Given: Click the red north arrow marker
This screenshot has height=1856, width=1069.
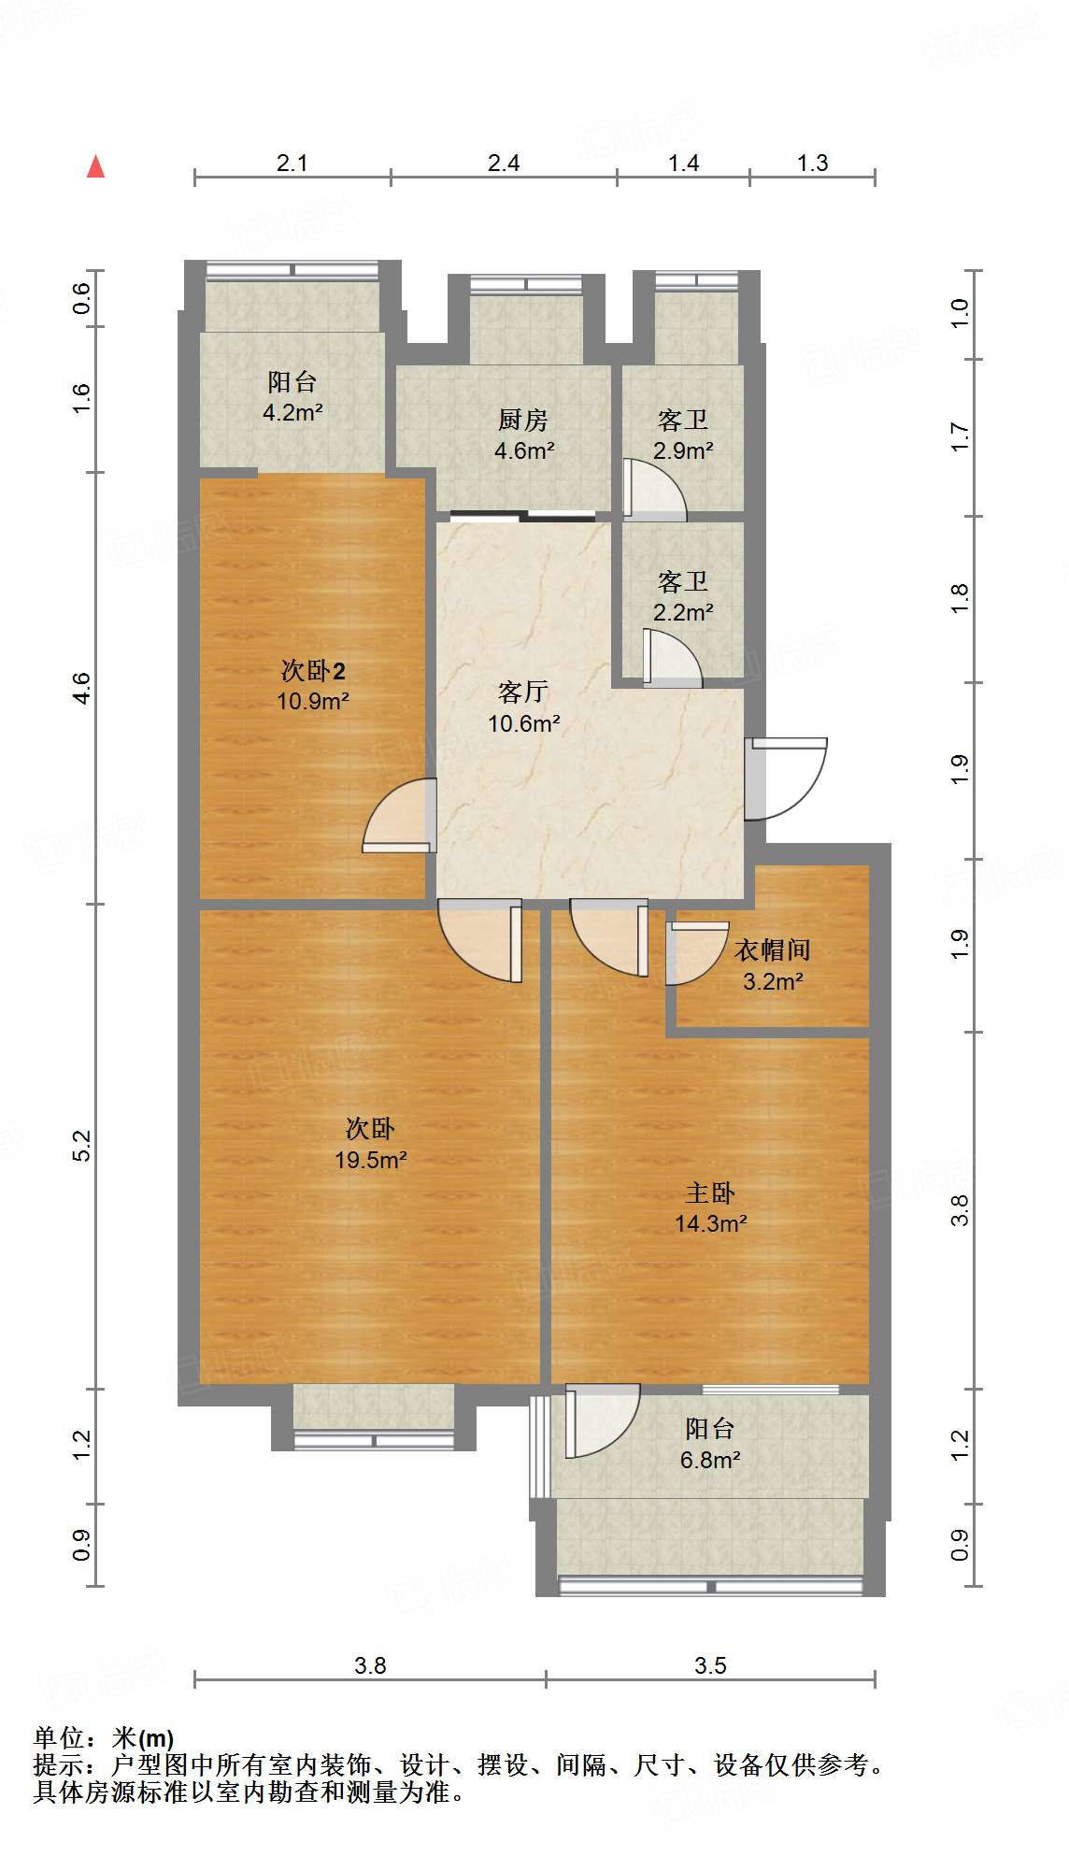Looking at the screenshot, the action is tap(95, 166).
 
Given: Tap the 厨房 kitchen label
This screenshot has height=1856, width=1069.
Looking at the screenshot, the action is tap(523, 420).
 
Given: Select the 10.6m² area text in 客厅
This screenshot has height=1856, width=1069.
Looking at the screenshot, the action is tap(524, 723).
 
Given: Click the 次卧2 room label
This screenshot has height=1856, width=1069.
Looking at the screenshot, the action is tap(313, 670).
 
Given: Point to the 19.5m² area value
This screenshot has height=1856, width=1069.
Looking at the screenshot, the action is tap(371, 1160).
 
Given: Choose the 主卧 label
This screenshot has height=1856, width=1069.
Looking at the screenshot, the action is tap(710, 1192).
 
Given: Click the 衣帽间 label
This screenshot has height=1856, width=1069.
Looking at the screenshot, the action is tap(773, 950).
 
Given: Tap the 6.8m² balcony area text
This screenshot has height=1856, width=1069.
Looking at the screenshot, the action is tap(711, 1460).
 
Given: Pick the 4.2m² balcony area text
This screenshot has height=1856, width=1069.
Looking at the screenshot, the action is tap(292, 412).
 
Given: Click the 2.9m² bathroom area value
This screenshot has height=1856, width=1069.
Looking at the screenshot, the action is tap(683, 450).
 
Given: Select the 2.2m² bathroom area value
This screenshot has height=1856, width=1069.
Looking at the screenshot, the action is tap(683, 612).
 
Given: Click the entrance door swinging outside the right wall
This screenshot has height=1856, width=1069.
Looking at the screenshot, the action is tap(785, 778).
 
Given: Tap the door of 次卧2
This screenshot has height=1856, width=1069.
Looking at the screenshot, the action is tap(400, 815).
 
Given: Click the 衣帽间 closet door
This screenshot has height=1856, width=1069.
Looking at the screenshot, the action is tap(696, 953).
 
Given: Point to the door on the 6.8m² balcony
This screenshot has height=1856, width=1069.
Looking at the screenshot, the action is tap(603, 1421).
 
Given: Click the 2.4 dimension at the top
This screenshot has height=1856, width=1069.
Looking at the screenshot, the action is tap(504, 164).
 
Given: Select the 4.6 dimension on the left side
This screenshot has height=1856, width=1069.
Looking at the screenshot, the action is tap(82, 688).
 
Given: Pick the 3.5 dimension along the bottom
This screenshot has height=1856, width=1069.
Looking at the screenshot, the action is tap(710, 1665).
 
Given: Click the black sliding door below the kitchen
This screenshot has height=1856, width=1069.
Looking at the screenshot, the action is tap(522, 515).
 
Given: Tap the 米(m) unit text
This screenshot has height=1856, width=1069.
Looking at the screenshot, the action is tap(142, 1738).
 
